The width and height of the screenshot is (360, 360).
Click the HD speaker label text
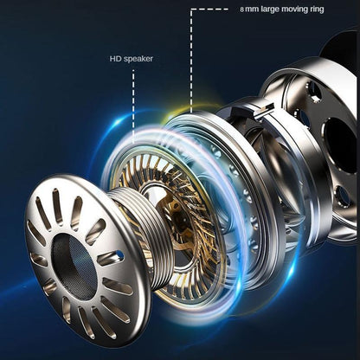click(132, 59)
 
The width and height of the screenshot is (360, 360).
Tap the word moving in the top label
click(294, 10)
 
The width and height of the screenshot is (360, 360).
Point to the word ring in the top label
click(317, 10)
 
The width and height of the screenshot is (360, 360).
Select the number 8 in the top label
click(241, 10)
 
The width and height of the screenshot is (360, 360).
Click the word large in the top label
click(270, 10)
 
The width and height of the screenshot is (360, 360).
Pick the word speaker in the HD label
click(138, 59)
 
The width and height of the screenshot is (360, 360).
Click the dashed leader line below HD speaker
click(133, 106)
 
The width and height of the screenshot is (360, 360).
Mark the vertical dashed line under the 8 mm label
click(191, 61)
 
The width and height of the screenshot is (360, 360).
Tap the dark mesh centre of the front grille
click(74, 266)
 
